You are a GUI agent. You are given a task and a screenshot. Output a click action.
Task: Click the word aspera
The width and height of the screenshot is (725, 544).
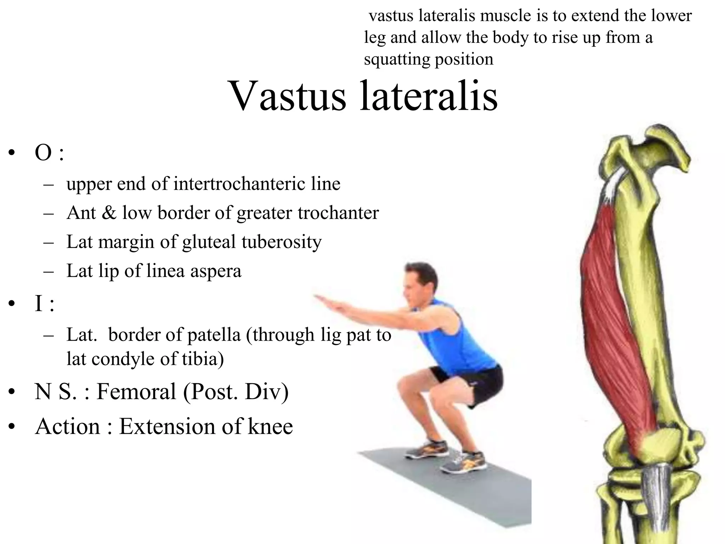216,271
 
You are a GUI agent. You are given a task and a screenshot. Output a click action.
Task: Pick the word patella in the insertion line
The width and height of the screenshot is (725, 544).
214,335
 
